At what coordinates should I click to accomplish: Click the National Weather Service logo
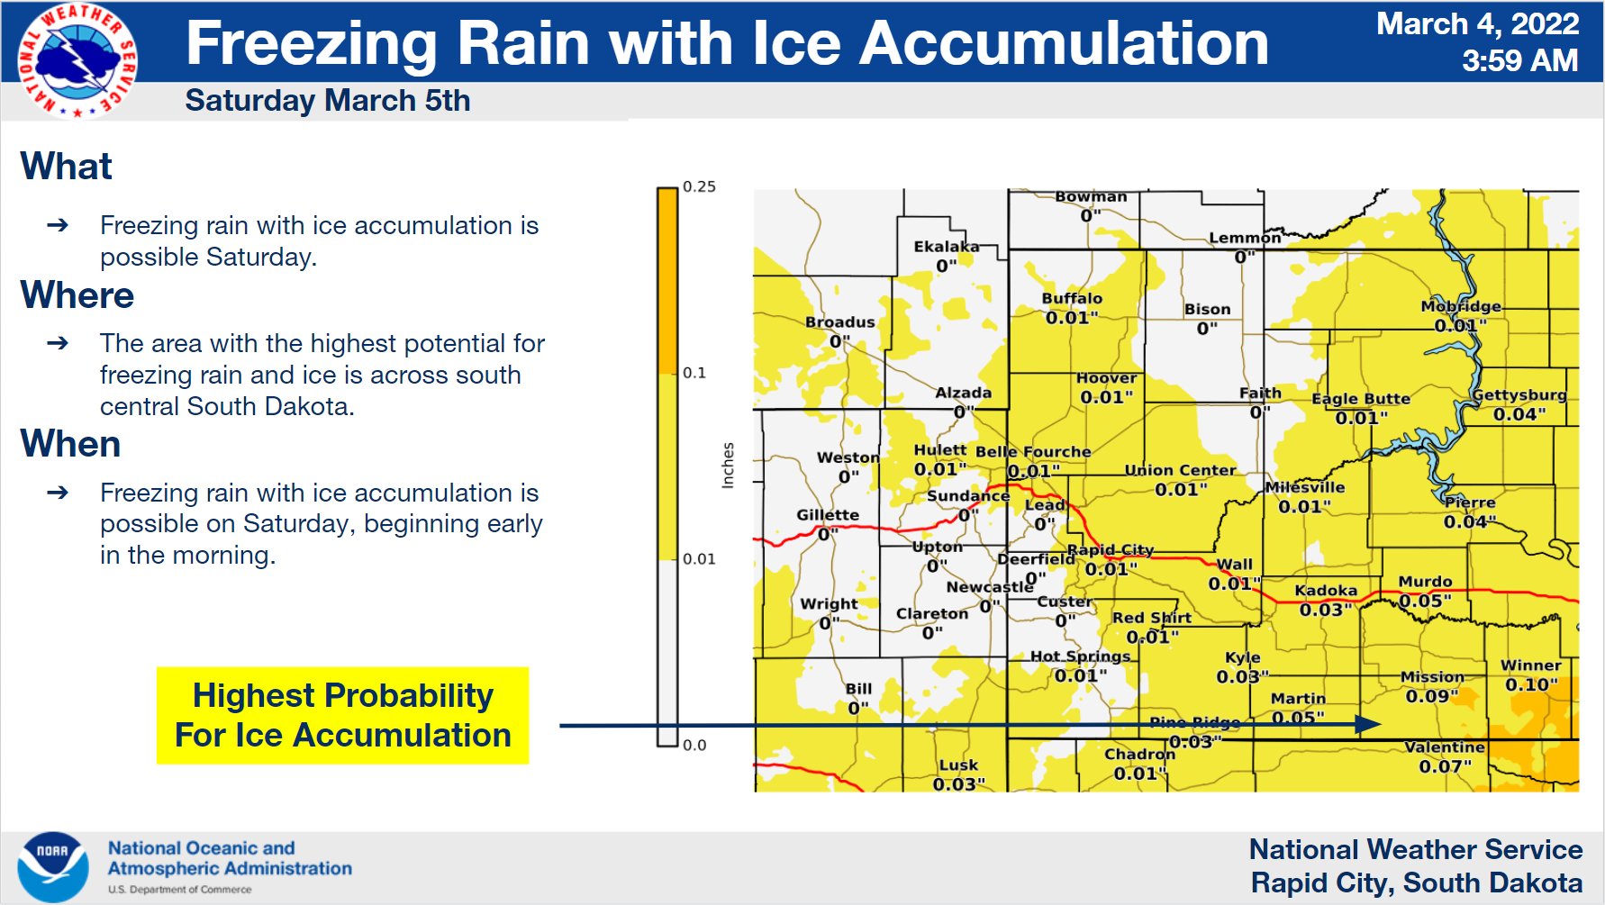[77, 61]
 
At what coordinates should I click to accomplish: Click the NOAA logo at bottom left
[52, 866]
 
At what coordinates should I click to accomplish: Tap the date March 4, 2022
[1477, 24]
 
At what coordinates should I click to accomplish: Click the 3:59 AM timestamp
[1519, 61]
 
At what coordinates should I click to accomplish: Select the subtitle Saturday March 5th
[328, 101]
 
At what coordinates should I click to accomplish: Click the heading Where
[77, 295]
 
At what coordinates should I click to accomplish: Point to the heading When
[70, 444]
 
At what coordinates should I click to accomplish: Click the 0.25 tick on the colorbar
[698, 187]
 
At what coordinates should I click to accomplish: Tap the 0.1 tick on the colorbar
[694, 373]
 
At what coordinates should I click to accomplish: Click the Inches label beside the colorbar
[728, 466]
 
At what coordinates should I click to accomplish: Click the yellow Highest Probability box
[342, 716]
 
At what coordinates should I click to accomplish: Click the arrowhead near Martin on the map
[1369, 724]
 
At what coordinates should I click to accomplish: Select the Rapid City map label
[1110, 549]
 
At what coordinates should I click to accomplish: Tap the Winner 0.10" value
[1531, 684]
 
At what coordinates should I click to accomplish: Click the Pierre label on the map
[1470, 502]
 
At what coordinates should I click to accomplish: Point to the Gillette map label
[827, 515]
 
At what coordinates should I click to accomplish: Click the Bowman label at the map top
[1091, 196]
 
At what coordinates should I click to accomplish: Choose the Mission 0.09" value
[1432, 696]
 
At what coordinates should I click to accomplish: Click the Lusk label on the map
[958, 765]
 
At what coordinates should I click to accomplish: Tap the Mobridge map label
[1461, 306]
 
